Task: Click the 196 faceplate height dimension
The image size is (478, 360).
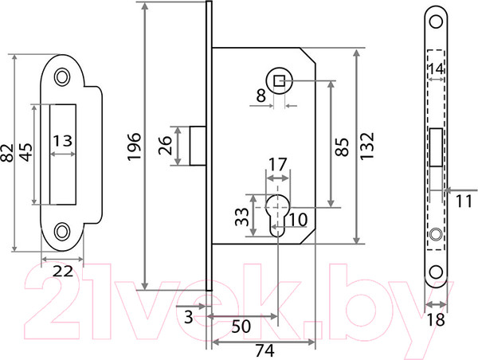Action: [x=134, y=147]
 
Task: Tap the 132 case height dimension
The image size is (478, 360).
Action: [x=366, y=146]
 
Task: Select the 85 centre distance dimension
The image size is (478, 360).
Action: [x=342, y=147]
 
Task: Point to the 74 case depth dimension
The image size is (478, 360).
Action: [x=264, y=350]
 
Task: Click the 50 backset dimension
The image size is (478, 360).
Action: [x=241, y=327]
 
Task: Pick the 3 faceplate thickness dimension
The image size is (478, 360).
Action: [x=189, y=317]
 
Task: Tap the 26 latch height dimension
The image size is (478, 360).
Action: [x=166, y=146]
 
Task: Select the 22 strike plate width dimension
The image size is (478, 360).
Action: [x=63, y=271]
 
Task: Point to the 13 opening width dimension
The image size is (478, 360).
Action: [x=63, y=141]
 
